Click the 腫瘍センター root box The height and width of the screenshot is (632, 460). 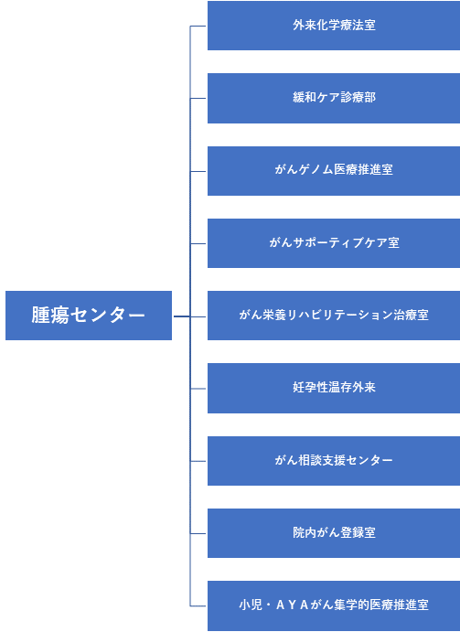(x=89, y=316)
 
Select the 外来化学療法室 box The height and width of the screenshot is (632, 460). (x=334, y=26)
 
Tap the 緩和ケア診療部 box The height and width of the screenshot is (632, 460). (x=334, y=98)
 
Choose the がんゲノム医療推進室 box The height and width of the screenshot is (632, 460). (x=334, y=171)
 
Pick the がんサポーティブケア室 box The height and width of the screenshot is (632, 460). (x=334, y=243)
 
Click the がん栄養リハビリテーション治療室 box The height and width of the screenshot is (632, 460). (x=334, y=316)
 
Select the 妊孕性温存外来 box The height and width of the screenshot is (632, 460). (x=334, y=388)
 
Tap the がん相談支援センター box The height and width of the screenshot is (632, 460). (x=334, y=461)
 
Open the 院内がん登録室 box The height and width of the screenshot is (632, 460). (x=334, y=533)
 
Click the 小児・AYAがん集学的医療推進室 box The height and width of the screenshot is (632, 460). (x=334, y=605)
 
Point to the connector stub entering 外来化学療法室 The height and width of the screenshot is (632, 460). (x=198, y=27)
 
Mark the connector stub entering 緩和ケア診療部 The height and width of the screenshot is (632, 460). (x=198, y=98)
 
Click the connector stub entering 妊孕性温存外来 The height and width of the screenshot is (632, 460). (x=198, y=389)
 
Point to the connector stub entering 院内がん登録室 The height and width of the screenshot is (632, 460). (x=198, y=533)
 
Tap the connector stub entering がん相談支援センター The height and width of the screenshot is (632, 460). (x=198, y=461)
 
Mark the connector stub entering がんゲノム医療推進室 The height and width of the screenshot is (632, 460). (x=198, y=171)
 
